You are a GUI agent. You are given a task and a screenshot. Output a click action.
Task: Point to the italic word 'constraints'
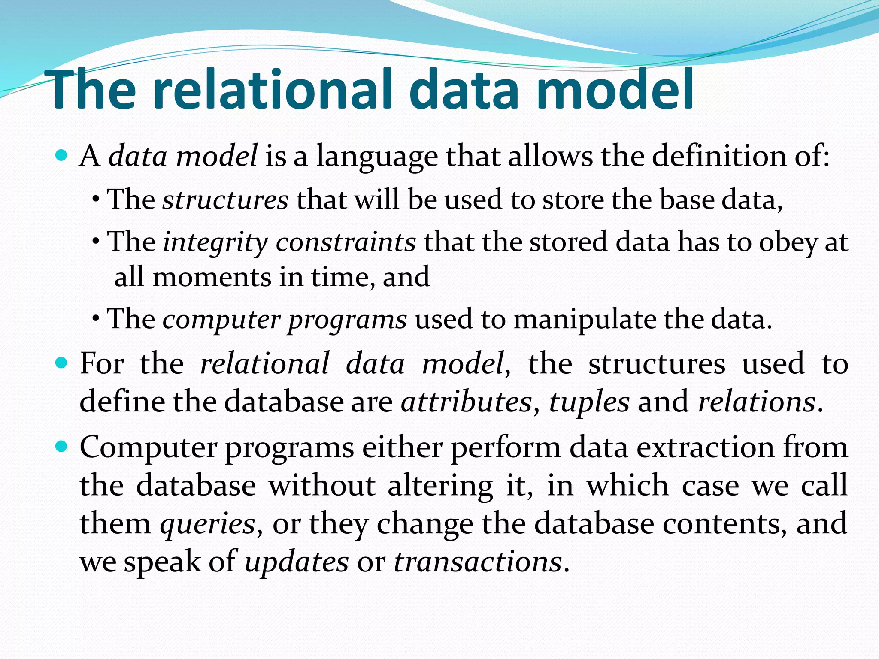pos(346,242)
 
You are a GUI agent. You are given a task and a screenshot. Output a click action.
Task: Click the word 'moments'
pos(212,277)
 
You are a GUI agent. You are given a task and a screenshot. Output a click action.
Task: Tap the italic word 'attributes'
pos(466,402)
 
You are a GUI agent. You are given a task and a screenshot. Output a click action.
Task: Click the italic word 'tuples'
pos(589,402)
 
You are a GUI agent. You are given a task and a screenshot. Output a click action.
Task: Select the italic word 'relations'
pos(757,402)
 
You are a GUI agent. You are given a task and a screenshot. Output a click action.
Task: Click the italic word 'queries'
pos(208,524)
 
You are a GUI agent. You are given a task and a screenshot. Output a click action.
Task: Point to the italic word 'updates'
pos(297,562)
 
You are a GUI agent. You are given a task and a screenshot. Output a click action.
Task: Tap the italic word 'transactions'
pos(478,562)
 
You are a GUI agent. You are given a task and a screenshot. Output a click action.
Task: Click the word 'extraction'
pos(705,447)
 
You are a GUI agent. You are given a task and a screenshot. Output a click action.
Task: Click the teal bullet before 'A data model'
pos(62,155)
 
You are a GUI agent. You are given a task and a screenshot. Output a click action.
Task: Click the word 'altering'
pos(440,486)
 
